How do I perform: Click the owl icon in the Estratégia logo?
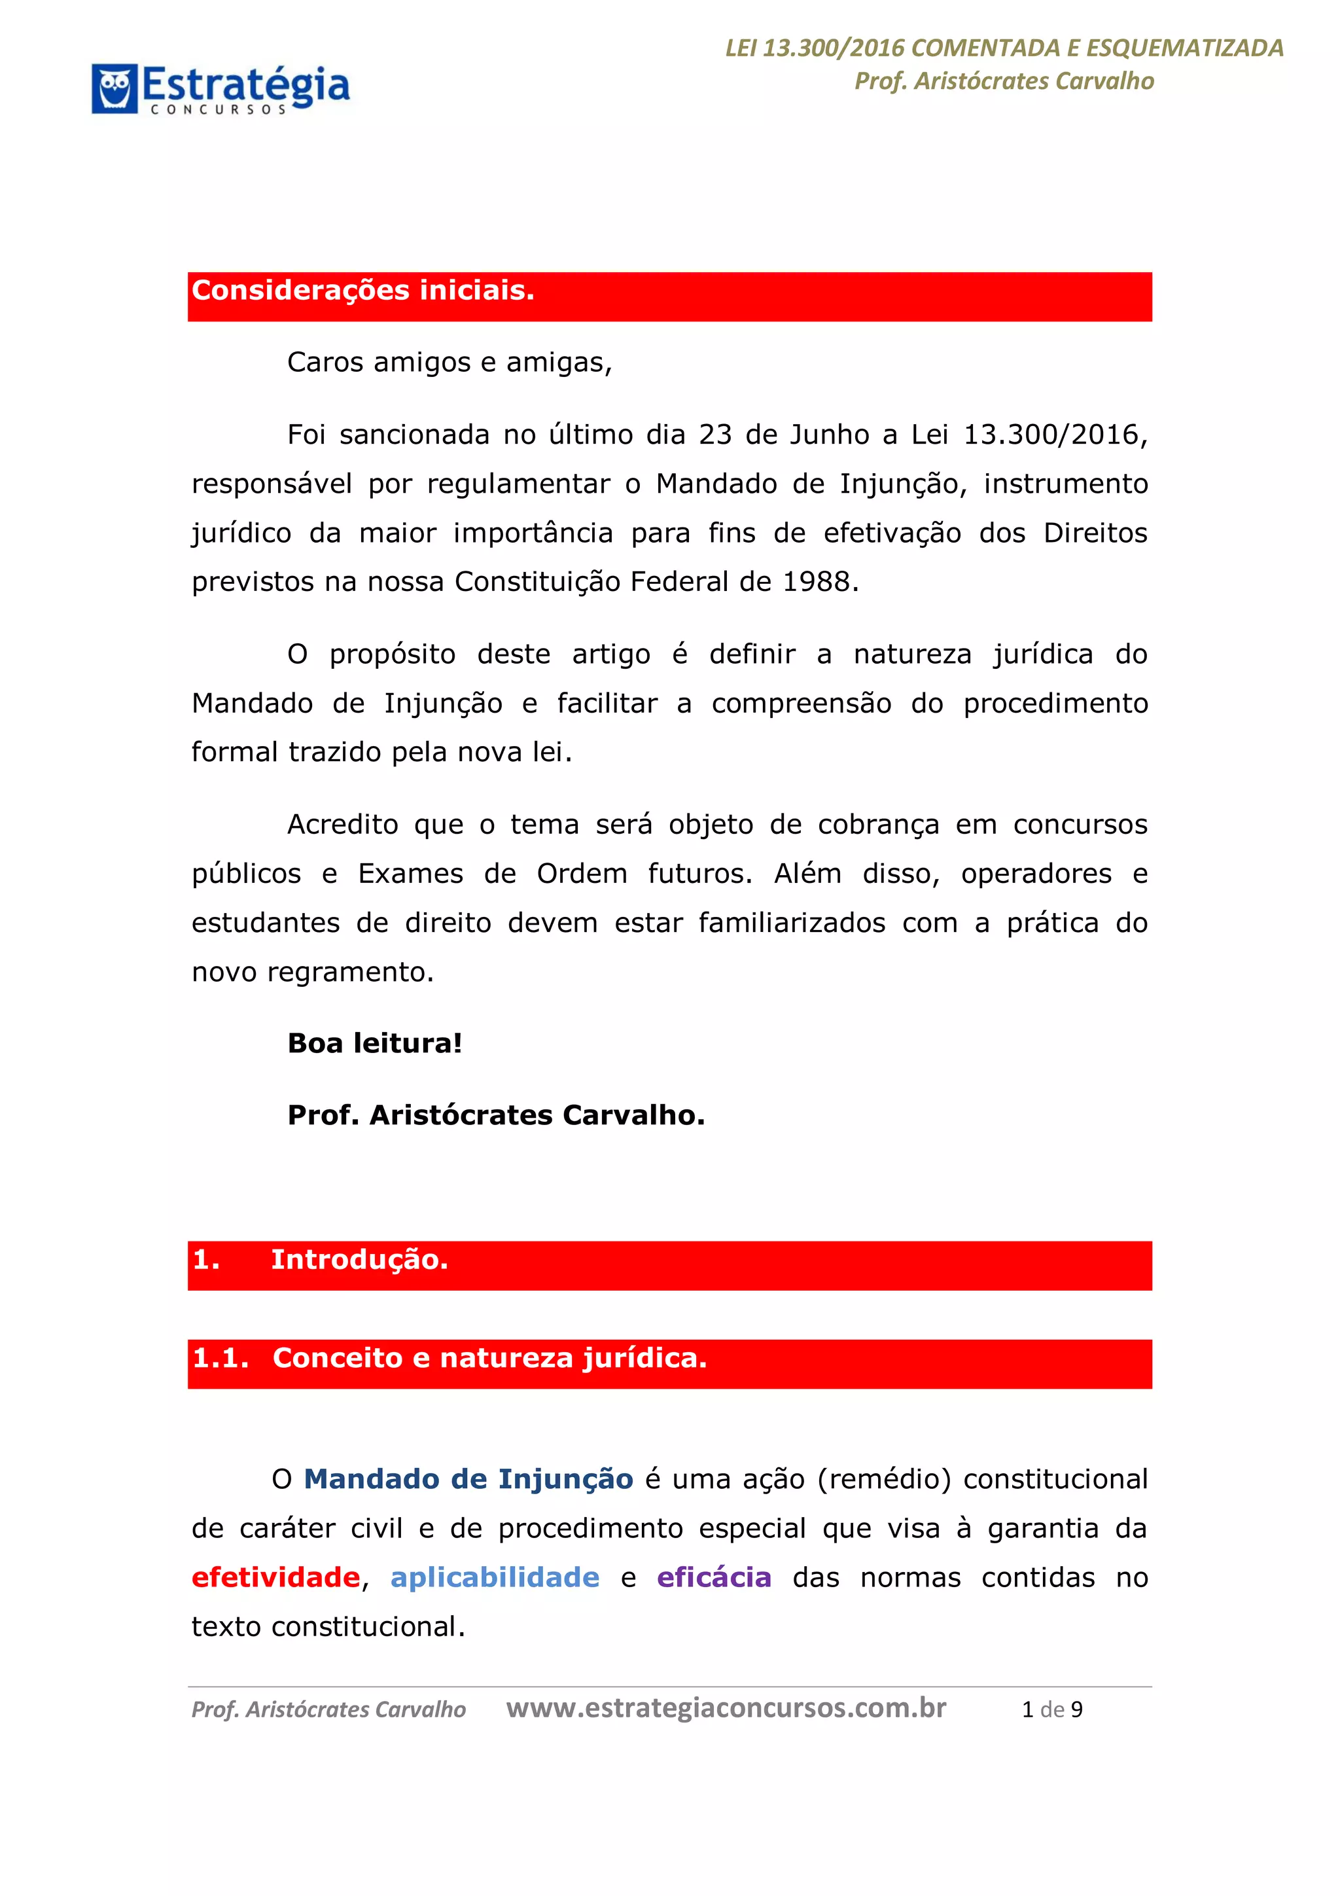click(x=115, y=88)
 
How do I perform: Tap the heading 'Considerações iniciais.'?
click(x=363, y=291)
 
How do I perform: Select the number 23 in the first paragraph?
click(x=715, y=435)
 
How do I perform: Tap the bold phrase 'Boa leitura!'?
click(x=375, y=1043)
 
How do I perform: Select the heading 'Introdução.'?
click(x=359, y=1259)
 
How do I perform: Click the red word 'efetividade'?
click(x=275, y=1577)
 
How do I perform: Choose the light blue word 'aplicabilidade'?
click(x=495, y=1577)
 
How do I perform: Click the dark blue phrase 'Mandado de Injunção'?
click(x=468, y=1479)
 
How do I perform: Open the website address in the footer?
click(x=726, y=1708)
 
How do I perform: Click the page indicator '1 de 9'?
click(x=1052, y=1709)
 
